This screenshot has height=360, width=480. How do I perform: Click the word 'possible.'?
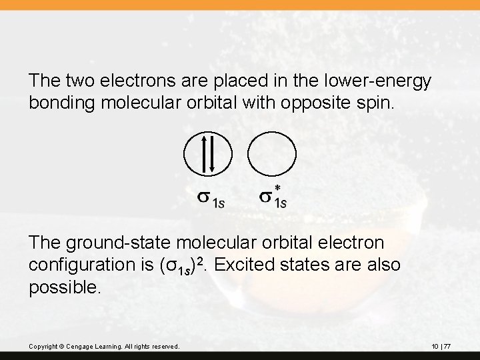(65, 287)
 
